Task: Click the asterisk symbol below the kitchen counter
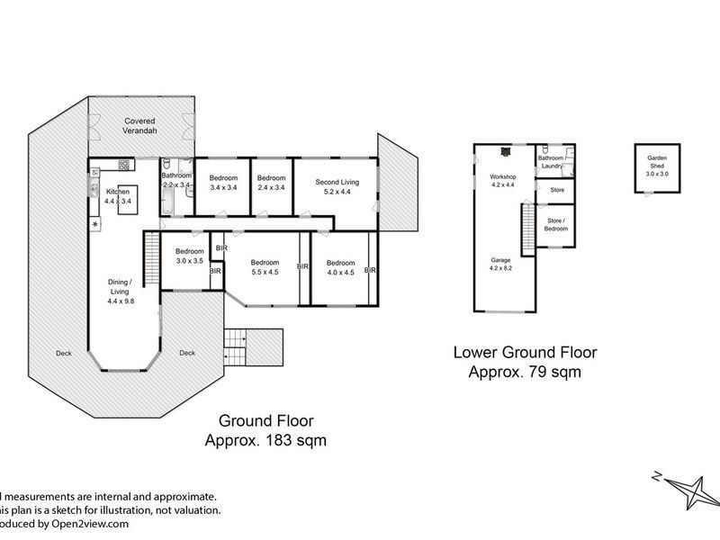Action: point(94,223)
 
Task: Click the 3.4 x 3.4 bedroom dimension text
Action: point(222,187)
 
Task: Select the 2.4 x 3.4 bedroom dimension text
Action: point(271,187)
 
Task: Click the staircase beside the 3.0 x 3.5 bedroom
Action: point(151,247)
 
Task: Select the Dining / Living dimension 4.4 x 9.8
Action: point(119,301)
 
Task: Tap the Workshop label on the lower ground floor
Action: point(502,176)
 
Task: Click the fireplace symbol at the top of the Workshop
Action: point(505,152)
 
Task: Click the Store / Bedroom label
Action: point(555,224)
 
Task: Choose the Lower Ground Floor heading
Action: point(526,353)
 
